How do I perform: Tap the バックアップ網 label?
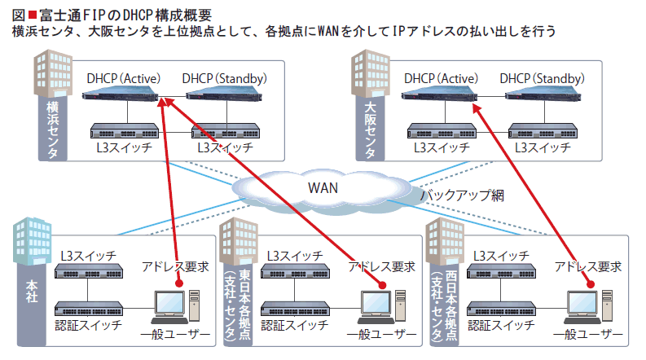pyautogui.click(x=462, y=195)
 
